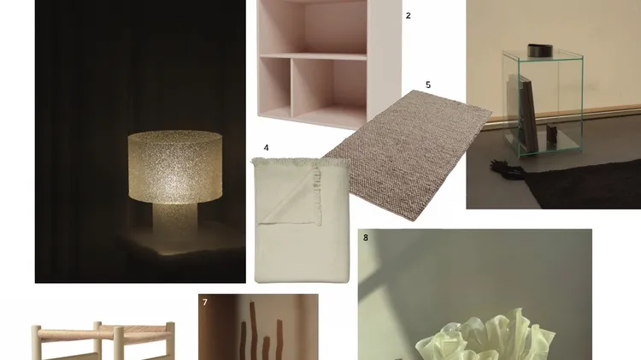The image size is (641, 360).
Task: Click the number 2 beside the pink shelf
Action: click(408, 15)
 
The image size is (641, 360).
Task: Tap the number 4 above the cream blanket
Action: click(266, 148)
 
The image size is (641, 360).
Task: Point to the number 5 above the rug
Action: click(428, 85)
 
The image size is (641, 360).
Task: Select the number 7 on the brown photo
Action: click(205, 303)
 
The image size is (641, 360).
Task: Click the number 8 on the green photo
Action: click(366, 238)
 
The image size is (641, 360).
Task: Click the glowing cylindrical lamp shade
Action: click(175, 167)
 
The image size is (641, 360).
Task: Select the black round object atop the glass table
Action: click(539, 50)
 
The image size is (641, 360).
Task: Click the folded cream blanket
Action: click(302, 221)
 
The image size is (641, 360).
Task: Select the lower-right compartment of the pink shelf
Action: click(329, 91)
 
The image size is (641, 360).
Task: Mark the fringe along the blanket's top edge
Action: click(301, 162)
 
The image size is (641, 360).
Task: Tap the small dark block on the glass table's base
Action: click(551, 133)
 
